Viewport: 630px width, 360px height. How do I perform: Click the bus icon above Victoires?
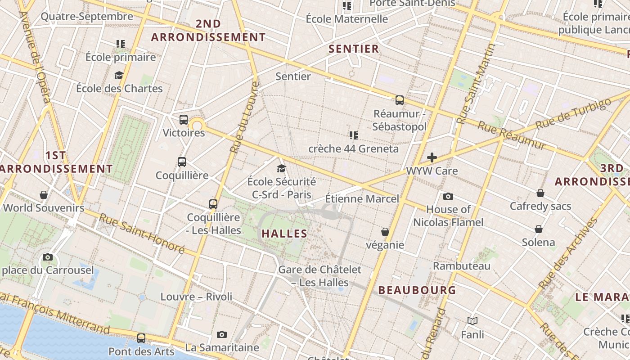coord(183,120)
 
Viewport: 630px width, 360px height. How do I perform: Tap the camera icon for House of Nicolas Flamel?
coord(448,196)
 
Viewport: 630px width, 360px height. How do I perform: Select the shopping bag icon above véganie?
coord(385,232)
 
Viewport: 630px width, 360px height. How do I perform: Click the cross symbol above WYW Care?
coord(432,157)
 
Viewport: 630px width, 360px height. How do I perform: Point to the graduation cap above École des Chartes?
coord(119,75)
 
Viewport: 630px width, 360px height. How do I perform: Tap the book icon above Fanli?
coord(472,321)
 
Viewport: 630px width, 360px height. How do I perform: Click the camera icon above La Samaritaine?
coord(221,334)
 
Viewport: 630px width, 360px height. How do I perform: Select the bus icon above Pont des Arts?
coord(141,338)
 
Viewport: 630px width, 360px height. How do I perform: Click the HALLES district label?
coord(284,234)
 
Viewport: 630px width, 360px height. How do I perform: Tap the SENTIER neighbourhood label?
coord(354,49)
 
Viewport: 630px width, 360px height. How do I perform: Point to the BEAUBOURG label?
coord(417,290)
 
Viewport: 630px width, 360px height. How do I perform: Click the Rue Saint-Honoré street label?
coord(142,233)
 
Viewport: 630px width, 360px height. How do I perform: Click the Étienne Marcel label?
coord(362,198)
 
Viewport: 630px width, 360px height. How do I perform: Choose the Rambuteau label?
coord(461,266)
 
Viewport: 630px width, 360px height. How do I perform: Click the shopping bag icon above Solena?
coord(538,229)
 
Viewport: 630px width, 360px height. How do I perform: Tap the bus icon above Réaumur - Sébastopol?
coord(399,100)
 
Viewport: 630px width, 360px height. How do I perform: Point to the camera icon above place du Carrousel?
coord(47,257)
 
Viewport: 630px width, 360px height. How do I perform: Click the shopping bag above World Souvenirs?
coord(44,195)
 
